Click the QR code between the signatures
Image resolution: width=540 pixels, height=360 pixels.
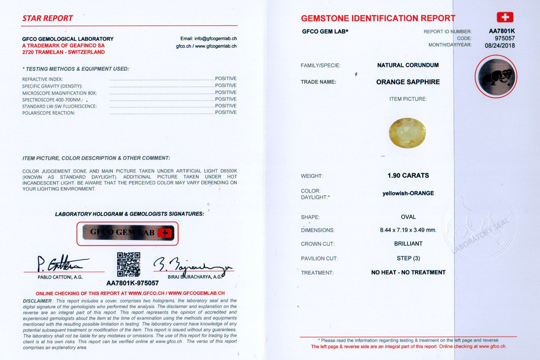coord(129,264)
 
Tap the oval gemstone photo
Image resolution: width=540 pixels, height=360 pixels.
coord(407,132)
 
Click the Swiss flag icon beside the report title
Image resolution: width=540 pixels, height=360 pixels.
coord(505,18)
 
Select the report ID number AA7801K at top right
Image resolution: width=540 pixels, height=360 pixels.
coord(502,31)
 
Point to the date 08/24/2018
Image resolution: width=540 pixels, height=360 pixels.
coord(499,45)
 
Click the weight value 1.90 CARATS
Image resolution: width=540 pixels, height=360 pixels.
coord(408,175)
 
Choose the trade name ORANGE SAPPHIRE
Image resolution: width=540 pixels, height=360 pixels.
coord(408,82)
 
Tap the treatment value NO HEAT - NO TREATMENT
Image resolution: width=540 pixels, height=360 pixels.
coord(408,272)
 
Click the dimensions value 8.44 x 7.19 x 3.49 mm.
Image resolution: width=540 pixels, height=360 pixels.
coord(408,230)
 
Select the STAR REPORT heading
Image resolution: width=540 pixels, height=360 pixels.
coord(48,18)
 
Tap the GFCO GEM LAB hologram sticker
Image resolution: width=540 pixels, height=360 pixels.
coord(128,233)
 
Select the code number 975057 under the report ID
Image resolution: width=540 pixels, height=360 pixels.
coord(505,38)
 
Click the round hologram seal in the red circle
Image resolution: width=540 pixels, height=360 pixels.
coord(496,76)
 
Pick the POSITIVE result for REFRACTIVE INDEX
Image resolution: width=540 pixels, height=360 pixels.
coord(225,78)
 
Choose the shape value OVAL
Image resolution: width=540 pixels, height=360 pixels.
coord(408,217)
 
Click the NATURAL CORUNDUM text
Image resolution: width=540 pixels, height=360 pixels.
coord(408,65)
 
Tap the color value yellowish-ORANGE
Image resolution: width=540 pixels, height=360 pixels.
coord(408,193)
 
